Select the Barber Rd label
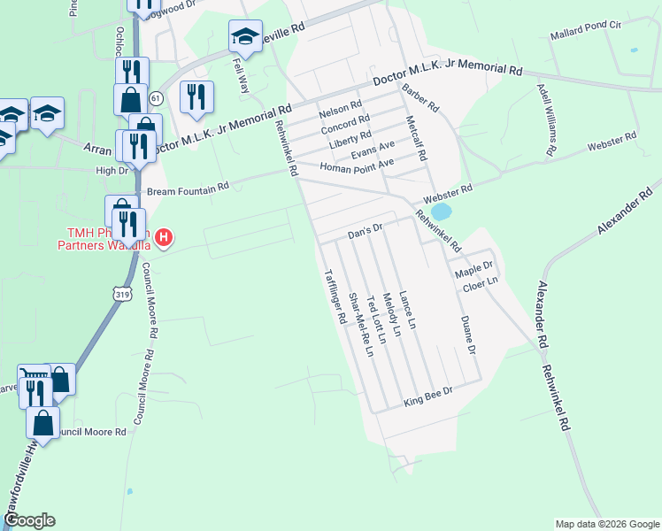coord(420,98)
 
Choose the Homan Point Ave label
coord(356,165)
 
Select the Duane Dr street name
coord(466,336)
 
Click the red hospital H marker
coord(165,237)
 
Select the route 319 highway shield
coord(121,291)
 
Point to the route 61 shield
coord(157,96)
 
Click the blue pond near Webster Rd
coord(441,212)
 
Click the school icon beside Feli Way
coord(245,37)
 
